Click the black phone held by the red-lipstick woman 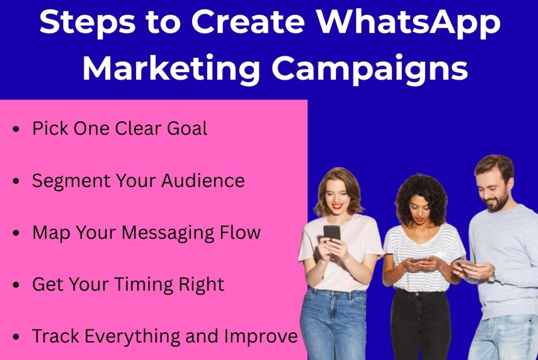331,233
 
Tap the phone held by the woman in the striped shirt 419,260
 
